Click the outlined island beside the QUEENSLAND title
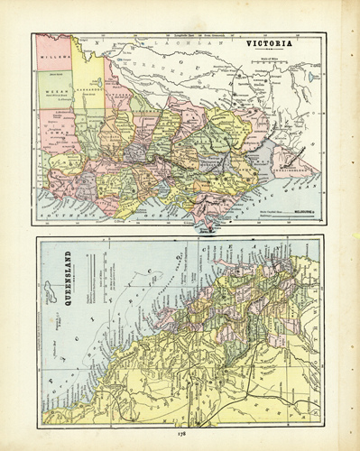click(x=50, y=289)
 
